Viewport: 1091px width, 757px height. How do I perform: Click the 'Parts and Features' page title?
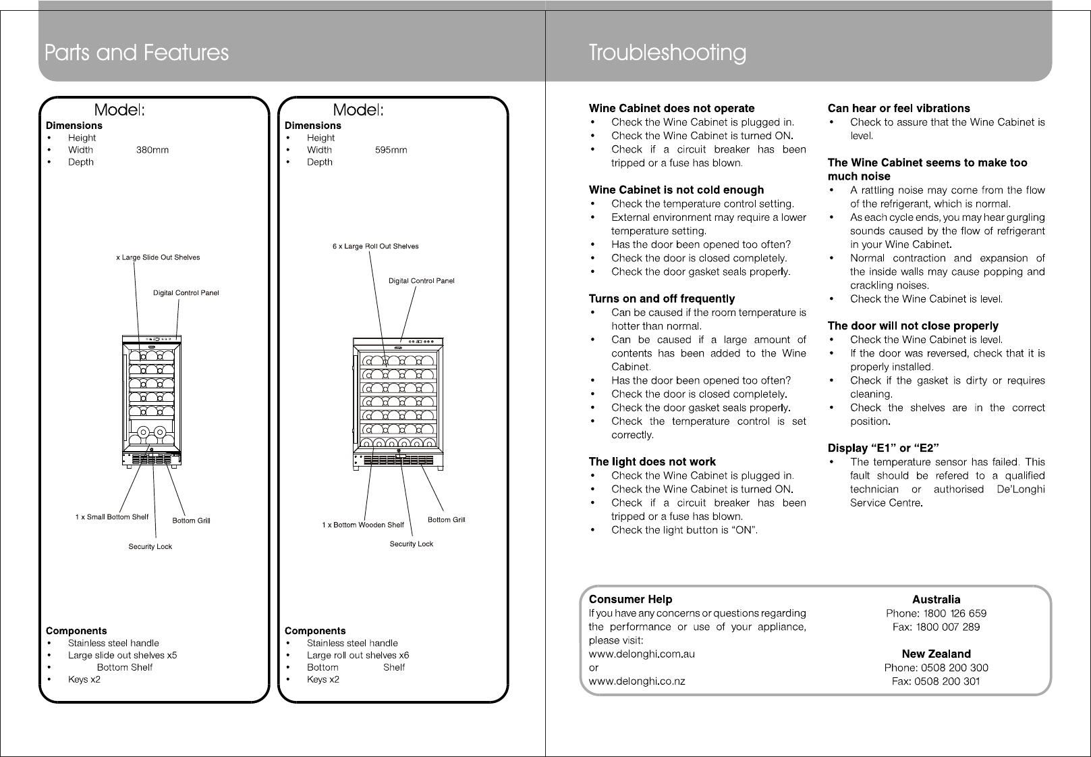[136, 53]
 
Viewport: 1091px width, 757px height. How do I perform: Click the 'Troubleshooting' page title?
[667, 53]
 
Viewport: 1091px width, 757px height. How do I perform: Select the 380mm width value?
[152, 150]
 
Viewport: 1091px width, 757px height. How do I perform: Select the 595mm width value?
[391, 150]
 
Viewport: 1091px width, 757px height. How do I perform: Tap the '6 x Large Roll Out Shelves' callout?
[375, 246]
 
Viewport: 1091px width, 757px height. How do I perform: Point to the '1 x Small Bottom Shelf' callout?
[111, 517]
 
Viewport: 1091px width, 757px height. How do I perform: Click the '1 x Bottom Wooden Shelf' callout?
[363, 525]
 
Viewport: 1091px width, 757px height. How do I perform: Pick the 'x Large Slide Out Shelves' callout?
[158, 257]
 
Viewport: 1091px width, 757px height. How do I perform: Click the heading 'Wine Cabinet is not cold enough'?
[676, 190]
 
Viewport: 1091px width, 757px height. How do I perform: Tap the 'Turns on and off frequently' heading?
[661, 298]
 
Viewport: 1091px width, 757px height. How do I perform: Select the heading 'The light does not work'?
[652, 462]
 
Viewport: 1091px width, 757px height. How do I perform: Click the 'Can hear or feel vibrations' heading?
[898, 108]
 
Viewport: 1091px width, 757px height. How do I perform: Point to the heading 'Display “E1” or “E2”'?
[883, 448]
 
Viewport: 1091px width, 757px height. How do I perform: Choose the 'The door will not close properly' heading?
[912, 325]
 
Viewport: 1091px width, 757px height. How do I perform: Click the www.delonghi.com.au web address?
[642, 654]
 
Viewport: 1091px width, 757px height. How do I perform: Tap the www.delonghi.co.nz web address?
[637, 681]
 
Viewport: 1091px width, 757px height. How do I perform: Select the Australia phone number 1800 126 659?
[954, 613]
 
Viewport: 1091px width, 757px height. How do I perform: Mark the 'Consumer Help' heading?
[630, 599]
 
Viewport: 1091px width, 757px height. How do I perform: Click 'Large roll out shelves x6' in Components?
[358, 655]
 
